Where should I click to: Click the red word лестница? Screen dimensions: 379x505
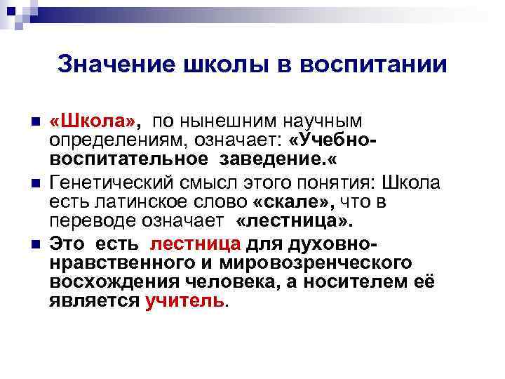[x=196, y=244]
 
